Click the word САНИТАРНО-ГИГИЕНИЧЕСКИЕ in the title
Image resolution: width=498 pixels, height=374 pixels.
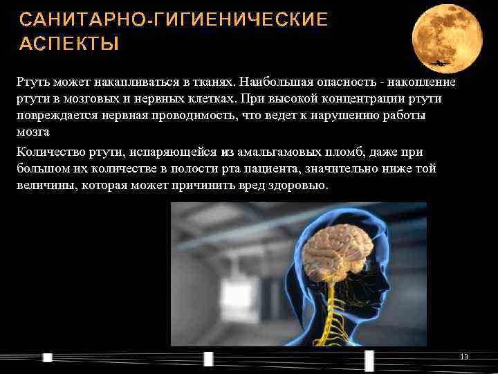pos(174,19)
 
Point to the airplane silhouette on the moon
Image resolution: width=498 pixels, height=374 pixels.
pos(439,63)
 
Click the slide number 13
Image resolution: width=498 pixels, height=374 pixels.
pos(464,357)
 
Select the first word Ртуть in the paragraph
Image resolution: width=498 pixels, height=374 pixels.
pos(33,82)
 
